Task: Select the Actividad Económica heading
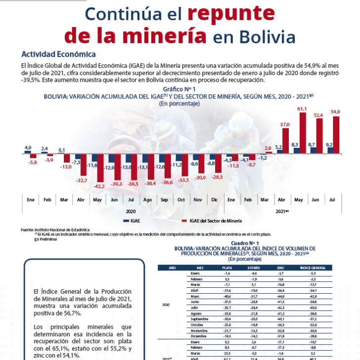(58, 54)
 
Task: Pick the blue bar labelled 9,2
(330, 149)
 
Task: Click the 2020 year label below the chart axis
(131, 211)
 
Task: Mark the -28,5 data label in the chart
(216, 177)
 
